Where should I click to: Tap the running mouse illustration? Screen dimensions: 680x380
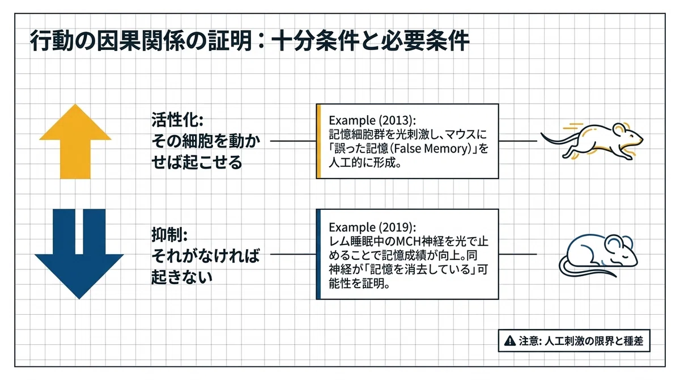coord(592,141)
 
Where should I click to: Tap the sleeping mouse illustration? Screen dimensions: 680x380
coord(598,256)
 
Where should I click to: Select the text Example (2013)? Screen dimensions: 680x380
coord(372,121)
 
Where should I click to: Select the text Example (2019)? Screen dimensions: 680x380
coord(372,227)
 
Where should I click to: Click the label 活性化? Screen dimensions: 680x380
coord(177,120)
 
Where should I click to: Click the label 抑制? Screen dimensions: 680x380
coord(169,234)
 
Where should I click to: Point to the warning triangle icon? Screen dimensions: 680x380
coord(509,341)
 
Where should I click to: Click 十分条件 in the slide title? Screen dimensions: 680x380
coord(314,41)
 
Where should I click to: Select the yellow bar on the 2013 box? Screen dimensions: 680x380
coord(318,141)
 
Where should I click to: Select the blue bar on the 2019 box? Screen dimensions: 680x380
coord(318,254)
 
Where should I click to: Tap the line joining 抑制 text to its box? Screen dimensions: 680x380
coord(293,254)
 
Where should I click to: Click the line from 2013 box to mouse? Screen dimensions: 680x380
coord(518,141)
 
